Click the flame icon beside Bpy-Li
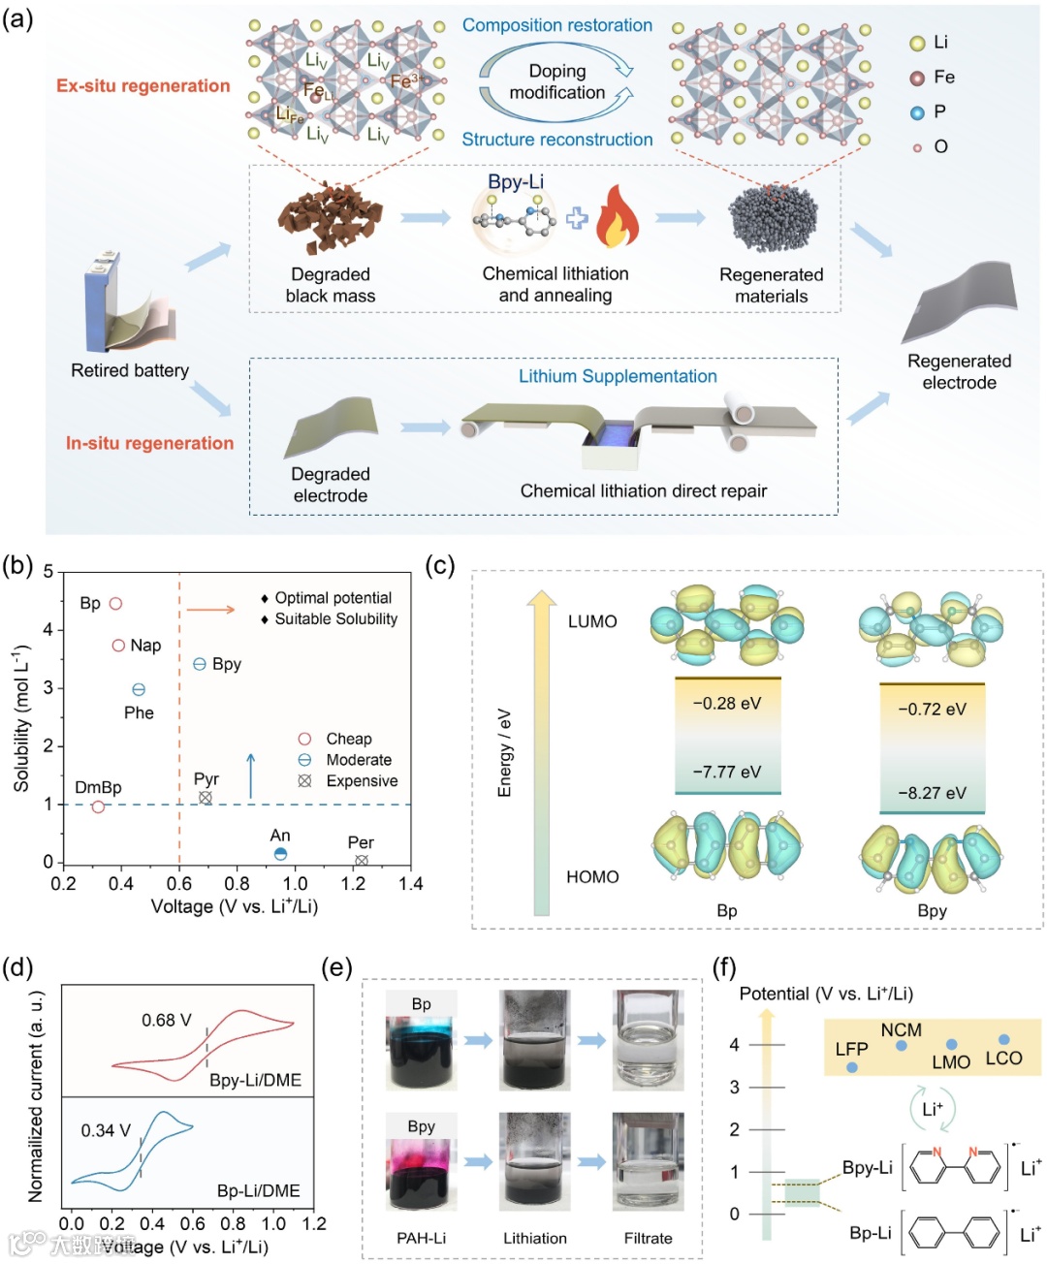pos(617,218)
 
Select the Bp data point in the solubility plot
pos(115,604)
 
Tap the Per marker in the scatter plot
pos(362,861)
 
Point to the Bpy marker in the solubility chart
pos(200,664)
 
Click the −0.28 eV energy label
pos(727,704)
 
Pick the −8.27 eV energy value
pos(932,793)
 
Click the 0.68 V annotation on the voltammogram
pos(167,1020)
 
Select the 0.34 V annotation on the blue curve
pos(106,1130)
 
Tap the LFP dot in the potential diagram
pos(852,1067)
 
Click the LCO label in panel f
pos(1003,1059)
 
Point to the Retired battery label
pos(130,370)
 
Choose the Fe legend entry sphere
pos(917,78)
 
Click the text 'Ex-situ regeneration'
pos(143,86)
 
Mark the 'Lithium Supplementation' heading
pos(618,376)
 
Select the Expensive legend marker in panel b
pos(304,781)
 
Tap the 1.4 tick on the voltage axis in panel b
pos(411,884)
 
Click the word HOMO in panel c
pos(592,877)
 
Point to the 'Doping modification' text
pos(557,81)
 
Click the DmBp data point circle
pos(98,806)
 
